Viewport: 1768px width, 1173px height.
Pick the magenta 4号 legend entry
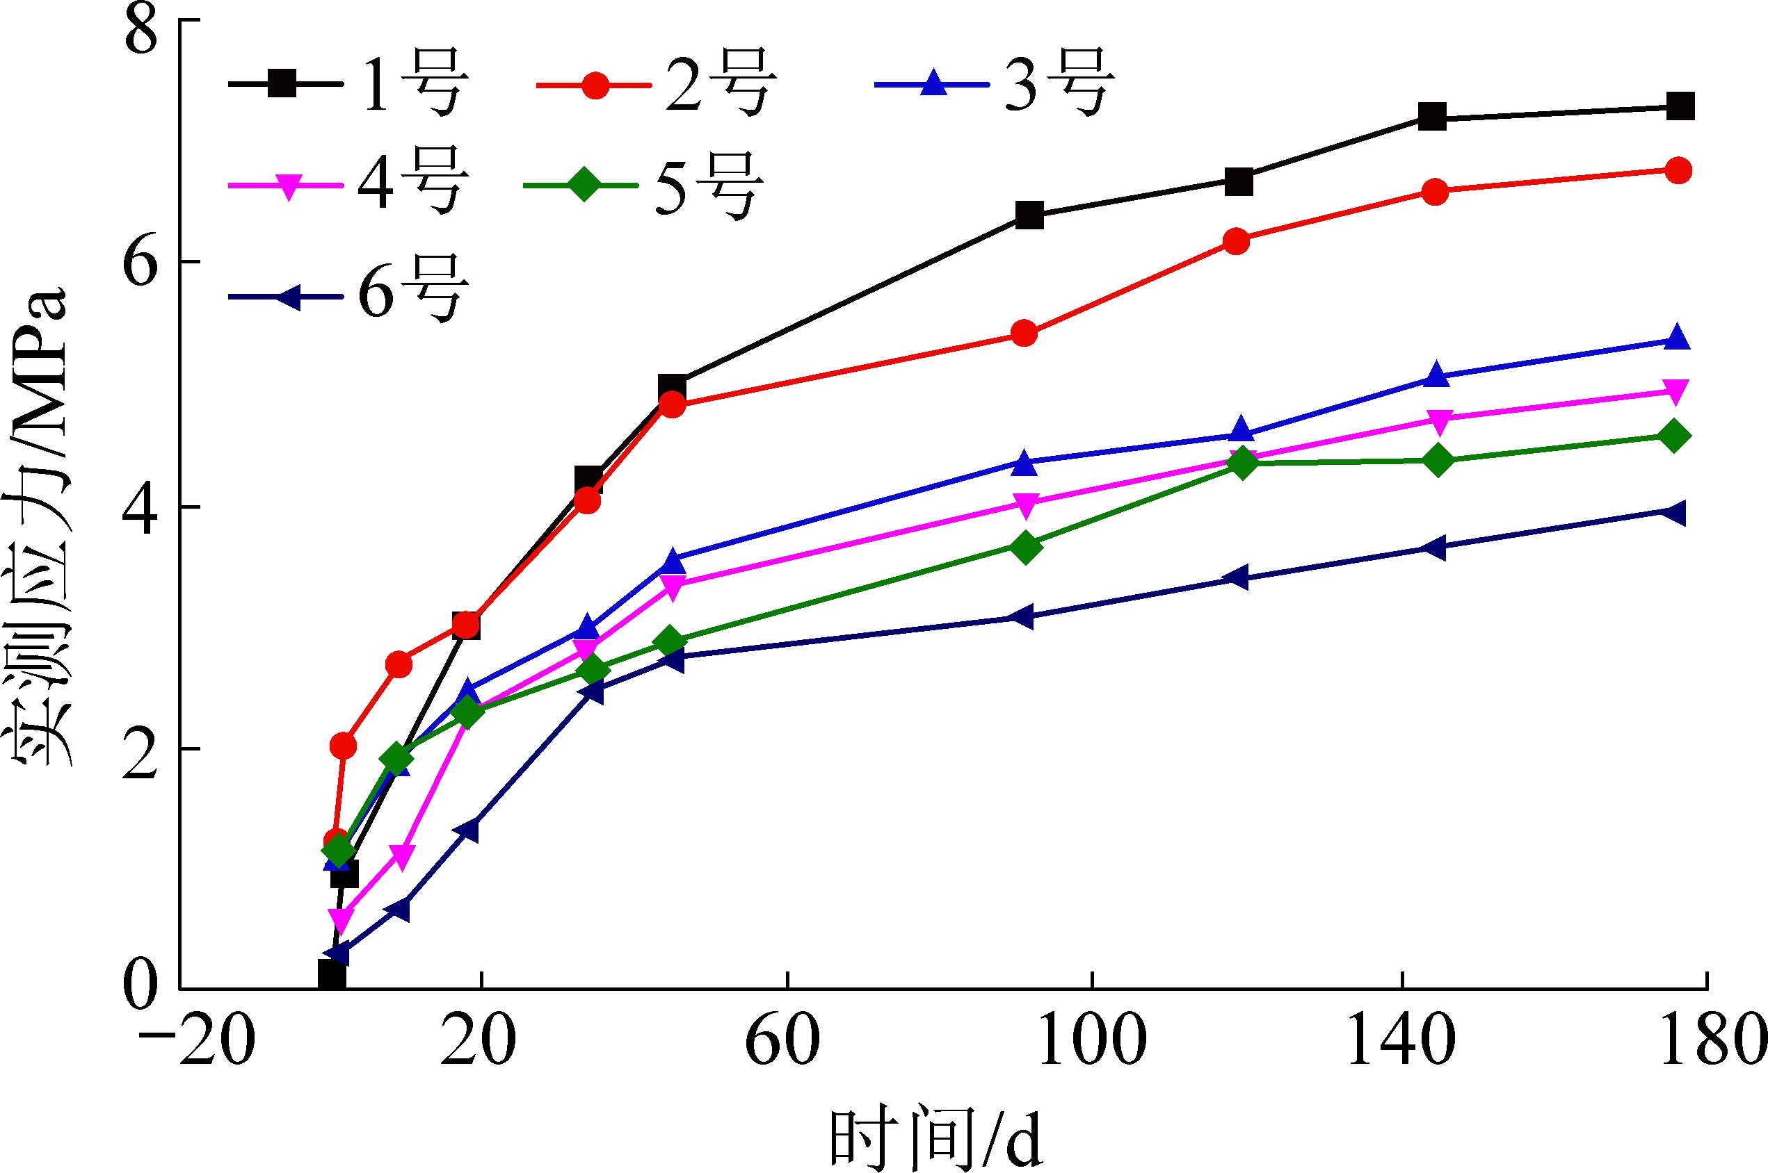tap(348, 183)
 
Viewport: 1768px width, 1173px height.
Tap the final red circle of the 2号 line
tap(1678, 170)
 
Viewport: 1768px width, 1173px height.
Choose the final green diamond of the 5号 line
tap(1674, 436)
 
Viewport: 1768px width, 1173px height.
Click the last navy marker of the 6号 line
tap(1673, 513)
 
